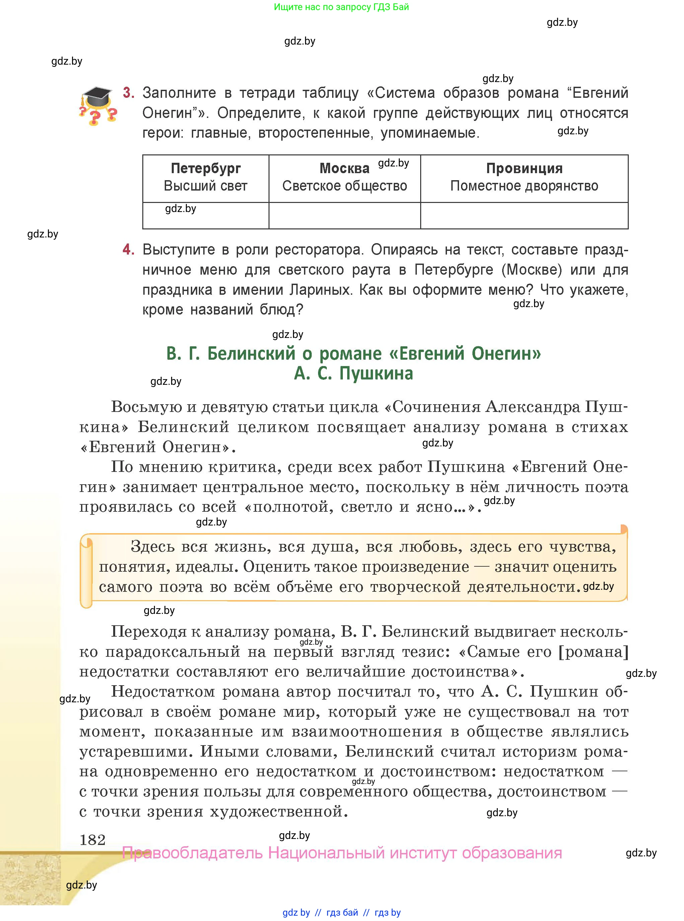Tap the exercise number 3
128,93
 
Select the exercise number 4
128,249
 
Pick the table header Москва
344,168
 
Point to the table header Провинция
524,168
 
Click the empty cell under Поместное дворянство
524,215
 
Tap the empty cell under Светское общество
344,215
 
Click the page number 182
92,840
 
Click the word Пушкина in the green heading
376,373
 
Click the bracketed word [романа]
593,652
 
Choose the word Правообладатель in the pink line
192,853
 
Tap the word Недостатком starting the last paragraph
163,692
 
